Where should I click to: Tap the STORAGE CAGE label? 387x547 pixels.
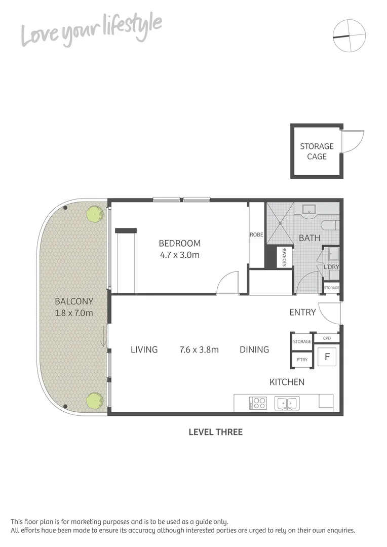(317, 151)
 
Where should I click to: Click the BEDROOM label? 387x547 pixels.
(179, 243)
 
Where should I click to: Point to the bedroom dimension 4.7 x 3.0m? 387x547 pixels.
(179, 255)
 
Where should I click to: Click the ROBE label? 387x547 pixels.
(256, 235)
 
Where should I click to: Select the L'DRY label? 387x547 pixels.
(331, 266)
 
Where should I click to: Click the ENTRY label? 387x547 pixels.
(302, 312)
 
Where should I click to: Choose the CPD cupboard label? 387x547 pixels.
(327, 338)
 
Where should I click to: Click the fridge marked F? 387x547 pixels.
(327, 356)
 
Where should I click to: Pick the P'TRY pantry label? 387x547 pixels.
(301, 360)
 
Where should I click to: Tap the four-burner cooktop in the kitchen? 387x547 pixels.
(258, 403)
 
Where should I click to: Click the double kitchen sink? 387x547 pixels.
(287, 403)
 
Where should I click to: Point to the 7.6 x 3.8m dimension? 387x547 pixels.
(199, 349)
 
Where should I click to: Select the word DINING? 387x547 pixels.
(254, 349)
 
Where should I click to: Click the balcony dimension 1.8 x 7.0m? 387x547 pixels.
(74, 313)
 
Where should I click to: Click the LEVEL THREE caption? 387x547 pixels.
(215, 432)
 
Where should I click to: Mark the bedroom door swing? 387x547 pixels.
(228, 284)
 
